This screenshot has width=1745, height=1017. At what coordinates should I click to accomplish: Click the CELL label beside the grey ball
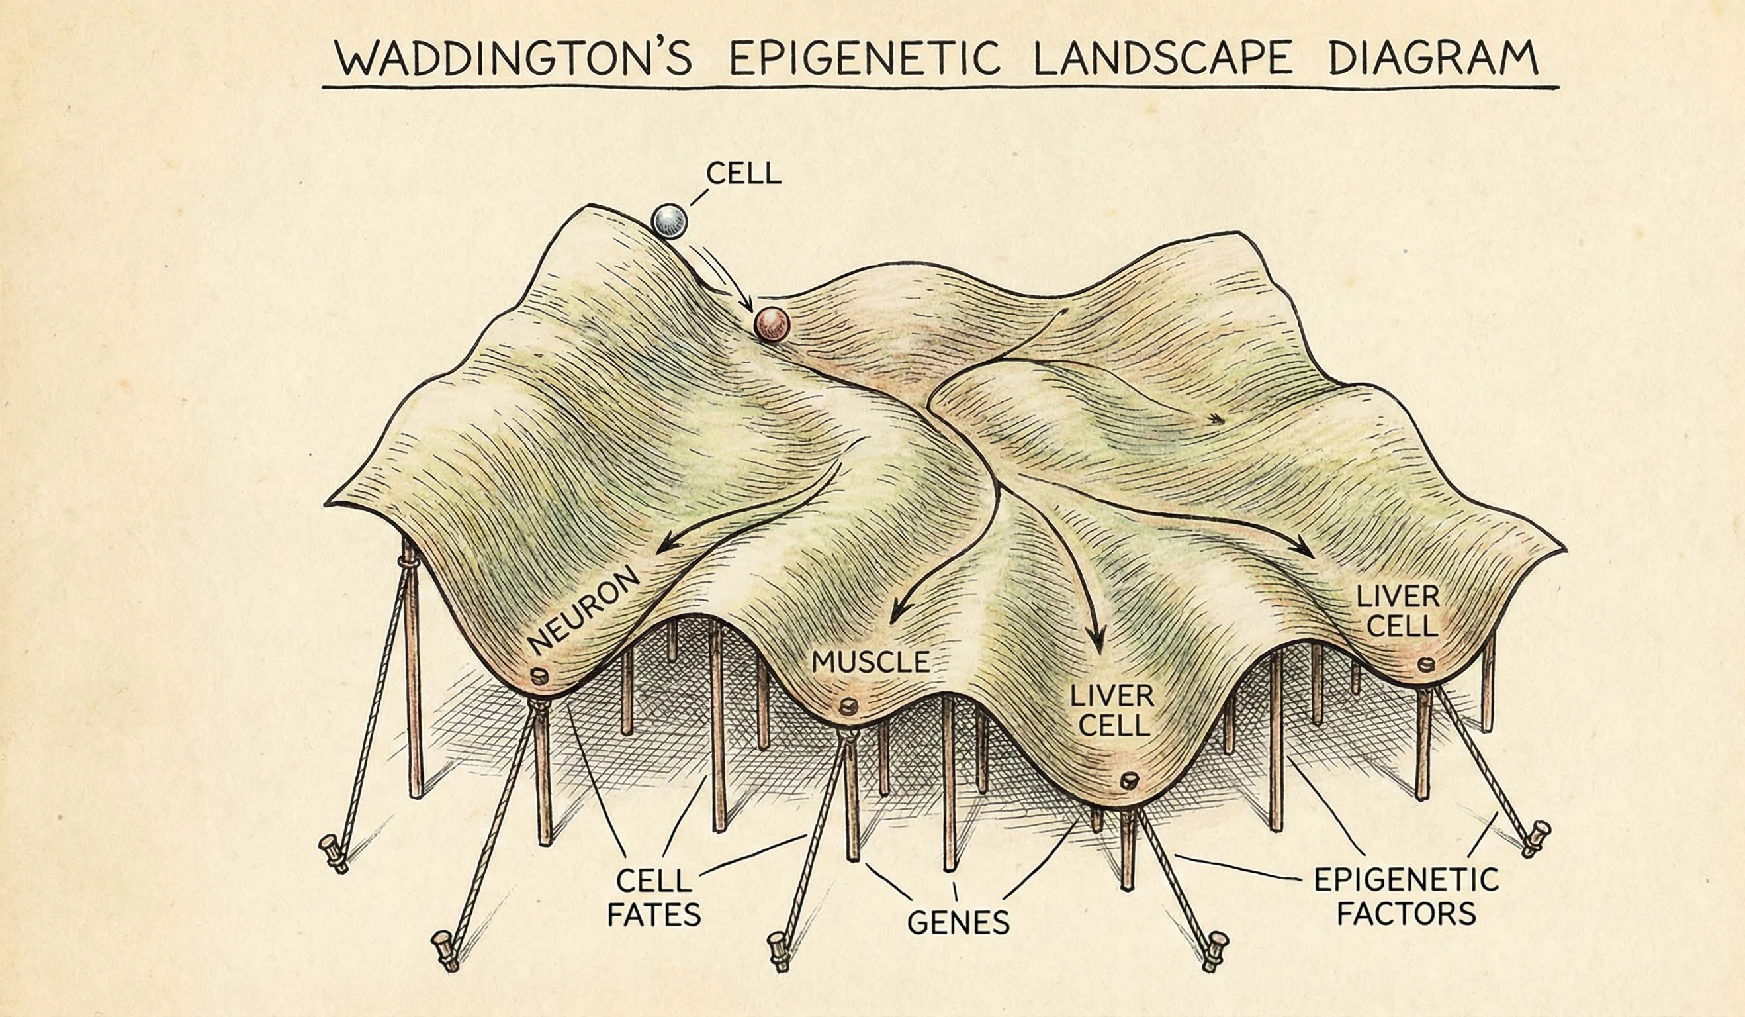[743, 174]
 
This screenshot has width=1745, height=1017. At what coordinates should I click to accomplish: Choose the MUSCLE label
[870, 662]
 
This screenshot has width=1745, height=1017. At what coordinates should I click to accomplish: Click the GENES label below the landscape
[958, 922]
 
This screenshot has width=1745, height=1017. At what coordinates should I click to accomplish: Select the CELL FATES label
[654, 898]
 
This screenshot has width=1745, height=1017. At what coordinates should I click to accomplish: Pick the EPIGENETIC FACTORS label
[1406, 897]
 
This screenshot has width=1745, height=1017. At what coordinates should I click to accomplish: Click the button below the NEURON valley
[537, 675]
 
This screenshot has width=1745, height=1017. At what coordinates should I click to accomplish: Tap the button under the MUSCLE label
[848, 706]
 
